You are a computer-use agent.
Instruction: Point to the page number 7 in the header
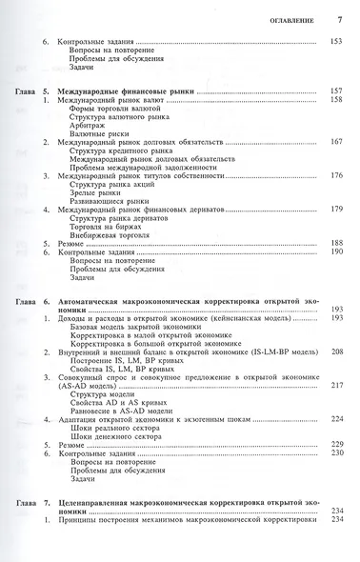340,19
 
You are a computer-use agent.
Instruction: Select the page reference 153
335,42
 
